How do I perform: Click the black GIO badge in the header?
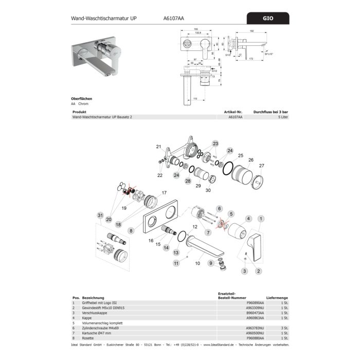pos(268,19)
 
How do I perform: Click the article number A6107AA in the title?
pos(172,19)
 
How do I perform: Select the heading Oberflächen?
pos(82,98)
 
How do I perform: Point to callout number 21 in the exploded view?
pos(159,147)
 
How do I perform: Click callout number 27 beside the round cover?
pos(261,165)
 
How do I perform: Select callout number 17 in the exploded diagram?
pos(164,193)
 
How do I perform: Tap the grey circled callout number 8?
pos(131,231)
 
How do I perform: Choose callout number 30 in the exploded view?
pos(208,190)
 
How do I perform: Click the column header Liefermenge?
pos(277,298)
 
